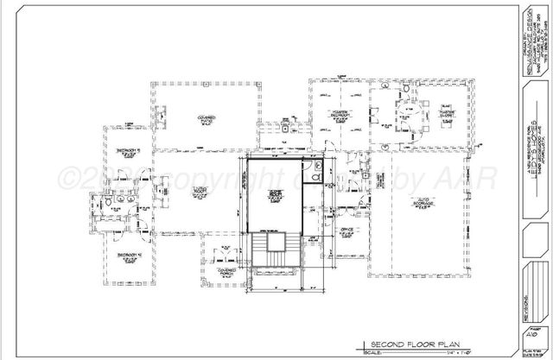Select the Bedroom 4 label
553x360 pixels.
(x=127, y=256)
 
